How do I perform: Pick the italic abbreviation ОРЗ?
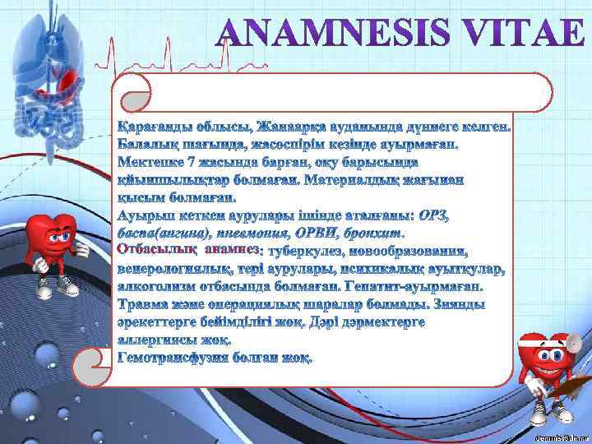(433, 215)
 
